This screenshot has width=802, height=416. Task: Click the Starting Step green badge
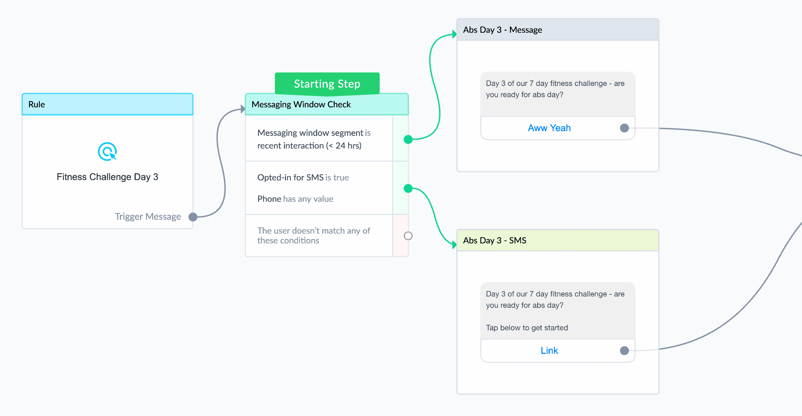click(327, 83)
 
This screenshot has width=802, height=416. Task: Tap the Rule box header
click(107, 104)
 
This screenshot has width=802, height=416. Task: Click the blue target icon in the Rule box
click(107, 151)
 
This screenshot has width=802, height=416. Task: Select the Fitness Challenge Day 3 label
click(107, 177)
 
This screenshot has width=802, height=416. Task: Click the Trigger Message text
click(148, 217)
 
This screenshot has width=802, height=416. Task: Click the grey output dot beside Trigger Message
click(193, 217)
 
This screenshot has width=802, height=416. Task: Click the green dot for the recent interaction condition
click(408, 139)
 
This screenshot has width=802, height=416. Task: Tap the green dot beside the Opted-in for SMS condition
click(408, 188)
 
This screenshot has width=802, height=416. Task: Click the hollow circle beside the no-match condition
click(408, 236)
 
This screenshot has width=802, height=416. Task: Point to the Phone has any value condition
click(295, 199)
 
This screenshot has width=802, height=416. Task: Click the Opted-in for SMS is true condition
click(303, 177)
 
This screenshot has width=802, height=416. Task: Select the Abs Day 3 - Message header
click(558, 30)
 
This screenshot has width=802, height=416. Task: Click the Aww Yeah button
click(549, 128)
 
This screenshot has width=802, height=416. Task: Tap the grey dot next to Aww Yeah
click(624, 128)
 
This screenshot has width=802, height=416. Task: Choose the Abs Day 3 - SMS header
click(558, 240)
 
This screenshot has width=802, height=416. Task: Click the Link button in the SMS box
click(549, 351)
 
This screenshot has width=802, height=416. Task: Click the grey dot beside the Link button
click(624, 351)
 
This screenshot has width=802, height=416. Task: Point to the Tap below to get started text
click(527, 328)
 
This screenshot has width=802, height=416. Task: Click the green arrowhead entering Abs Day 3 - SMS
click(454, 244)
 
